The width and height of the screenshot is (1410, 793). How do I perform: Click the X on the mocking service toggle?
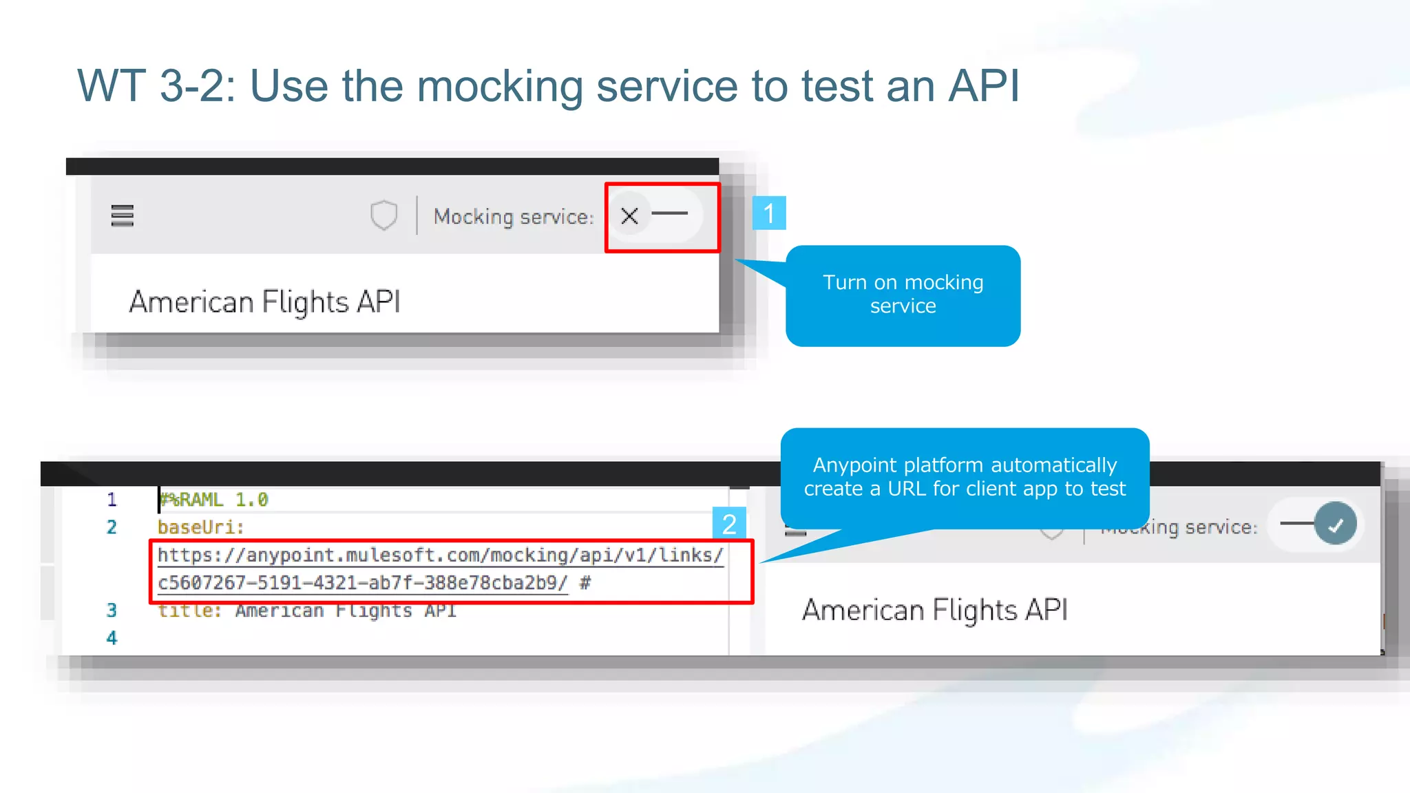pyautogui.click(x=629, y=216)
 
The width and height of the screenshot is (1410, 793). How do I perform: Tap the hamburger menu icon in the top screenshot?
pyautogui.click(x=123, y=215)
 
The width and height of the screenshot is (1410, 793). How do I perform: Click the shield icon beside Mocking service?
pyautogui.click(x=383, y=215)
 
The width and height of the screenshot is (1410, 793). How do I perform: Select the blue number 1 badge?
pyautogui.click(x=769, y=213)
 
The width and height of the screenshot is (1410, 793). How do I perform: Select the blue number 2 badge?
pyautogui.click(x=729, y=525)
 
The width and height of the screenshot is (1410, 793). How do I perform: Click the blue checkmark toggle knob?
pyautogui.click(x=1335, y=525)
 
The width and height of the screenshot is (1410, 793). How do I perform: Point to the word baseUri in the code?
pyautogui.click(x=200, y=527)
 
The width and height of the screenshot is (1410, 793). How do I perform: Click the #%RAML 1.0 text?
pyautogui.click(x=214, y=500)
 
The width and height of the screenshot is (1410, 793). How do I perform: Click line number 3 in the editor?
pyautogui.click(x=112, y=611)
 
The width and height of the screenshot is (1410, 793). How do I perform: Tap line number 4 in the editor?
pyautogui.click(x=112, y=638)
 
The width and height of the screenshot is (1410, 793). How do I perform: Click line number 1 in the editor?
pyautogui.click(x=112, y=500)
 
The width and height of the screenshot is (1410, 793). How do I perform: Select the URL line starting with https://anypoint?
pyautogui.click(x=440, y=556)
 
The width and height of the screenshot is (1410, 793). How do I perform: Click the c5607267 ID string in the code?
pyautogui.click(x=363, y=583)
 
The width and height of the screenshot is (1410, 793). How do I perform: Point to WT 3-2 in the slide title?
pyautogui.click(x=156, y=87)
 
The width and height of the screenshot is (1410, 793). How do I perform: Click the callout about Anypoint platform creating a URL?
pyautogui.click(x=965, y=477)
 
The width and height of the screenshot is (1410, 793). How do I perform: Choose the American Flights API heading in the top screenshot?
pyautogui.click(x=264, y=302)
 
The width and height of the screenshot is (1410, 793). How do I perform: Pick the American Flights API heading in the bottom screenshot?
pyautogui.click(x=934, y=611)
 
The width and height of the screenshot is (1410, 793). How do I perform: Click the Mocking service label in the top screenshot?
pyautogui.click(x=513, y=217)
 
